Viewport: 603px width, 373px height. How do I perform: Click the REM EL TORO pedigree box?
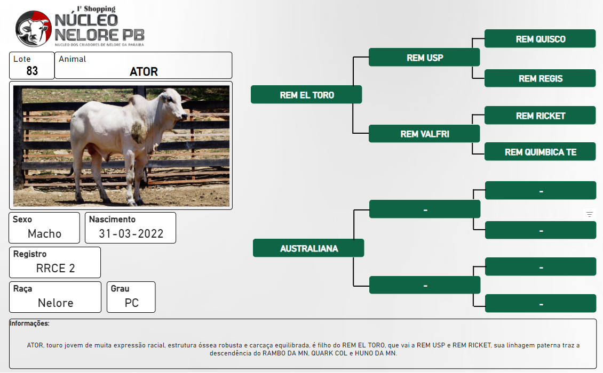306,94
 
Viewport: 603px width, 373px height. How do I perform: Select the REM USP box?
424,57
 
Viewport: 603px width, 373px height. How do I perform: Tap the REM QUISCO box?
540,38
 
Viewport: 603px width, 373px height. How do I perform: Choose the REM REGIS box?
540,78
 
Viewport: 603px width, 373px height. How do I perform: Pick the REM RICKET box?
540,115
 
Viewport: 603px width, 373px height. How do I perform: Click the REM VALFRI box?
424,134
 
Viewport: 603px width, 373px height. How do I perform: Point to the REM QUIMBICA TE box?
540,152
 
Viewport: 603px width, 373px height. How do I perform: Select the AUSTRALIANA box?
308,248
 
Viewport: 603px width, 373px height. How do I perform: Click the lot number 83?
33,71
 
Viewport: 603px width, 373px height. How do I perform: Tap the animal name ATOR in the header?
144,71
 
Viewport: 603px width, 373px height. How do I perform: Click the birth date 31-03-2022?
131,233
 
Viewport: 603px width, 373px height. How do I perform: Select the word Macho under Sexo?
45,233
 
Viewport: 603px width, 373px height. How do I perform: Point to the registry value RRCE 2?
55,268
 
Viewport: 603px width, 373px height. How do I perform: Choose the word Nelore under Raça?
55,303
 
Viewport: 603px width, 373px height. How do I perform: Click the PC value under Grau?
131,303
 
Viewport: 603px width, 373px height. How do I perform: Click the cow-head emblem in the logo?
34,29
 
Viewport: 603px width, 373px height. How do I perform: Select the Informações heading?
29,323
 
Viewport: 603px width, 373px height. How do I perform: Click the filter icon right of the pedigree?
589,214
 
